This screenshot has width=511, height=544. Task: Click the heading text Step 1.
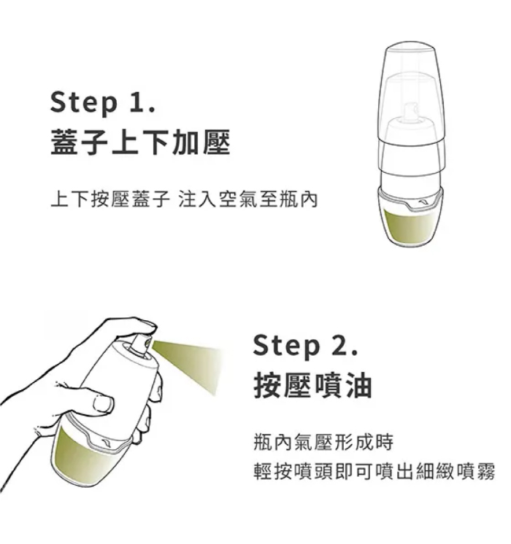[103, 103]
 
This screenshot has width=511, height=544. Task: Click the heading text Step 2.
[305, 346]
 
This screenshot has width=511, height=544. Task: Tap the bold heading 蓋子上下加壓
[140, 142]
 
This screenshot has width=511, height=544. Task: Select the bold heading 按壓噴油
[313, 385]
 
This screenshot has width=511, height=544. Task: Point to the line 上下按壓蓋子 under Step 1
[110, 200]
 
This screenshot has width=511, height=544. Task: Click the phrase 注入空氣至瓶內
[248, 200]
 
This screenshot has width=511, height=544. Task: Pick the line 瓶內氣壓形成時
[323, 442]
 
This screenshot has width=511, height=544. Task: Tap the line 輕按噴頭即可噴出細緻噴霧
[374, 472]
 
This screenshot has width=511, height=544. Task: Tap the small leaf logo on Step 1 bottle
[424, 201]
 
